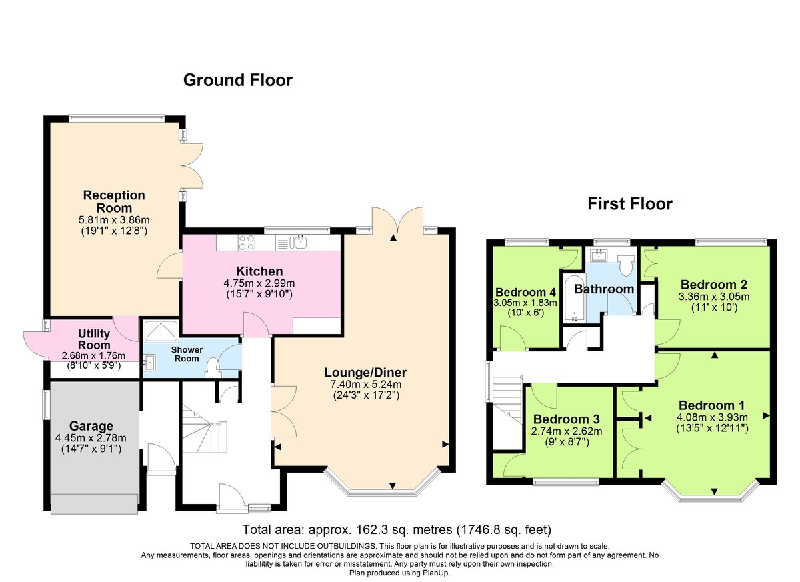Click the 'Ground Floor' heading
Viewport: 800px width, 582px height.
coord(237,81)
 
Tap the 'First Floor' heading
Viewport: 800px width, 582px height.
coord(629,203)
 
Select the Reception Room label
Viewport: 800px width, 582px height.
coord(114,201)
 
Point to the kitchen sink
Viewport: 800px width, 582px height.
coord(301,242)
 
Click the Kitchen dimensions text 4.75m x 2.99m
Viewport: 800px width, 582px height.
coord(249,283)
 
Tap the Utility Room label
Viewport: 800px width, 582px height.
coord(94,339)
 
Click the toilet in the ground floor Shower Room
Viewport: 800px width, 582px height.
coord(213,367)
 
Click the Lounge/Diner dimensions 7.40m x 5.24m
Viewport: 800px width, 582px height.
coord(365,385)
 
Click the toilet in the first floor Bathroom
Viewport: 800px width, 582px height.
coord(625,265)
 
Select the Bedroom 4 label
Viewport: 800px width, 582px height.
coord(526,292)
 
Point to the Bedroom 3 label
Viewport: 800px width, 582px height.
coord(567,419)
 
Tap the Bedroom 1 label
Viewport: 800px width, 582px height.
coord(712,405)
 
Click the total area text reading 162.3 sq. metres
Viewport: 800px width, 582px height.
coord(397,530)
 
